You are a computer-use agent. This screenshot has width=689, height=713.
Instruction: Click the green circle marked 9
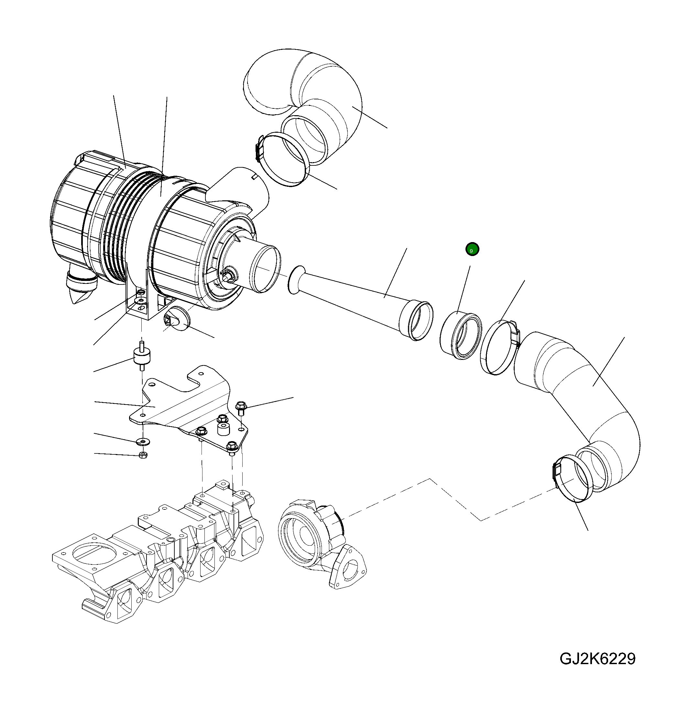(x=472, y=249)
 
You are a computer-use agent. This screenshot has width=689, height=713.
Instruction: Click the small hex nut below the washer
(x=143, y=455)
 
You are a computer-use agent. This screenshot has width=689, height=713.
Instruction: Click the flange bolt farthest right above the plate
(x=241, y=407)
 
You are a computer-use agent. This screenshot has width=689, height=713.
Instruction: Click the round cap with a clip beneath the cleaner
(x=176, y=320)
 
